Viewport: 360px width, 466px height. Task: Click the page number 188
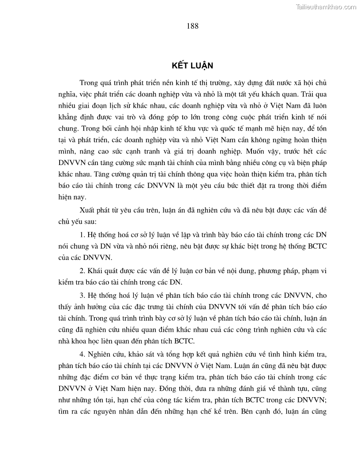(192, 26)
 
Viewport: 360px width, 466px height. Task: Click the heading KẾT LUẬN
(192, 66)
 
